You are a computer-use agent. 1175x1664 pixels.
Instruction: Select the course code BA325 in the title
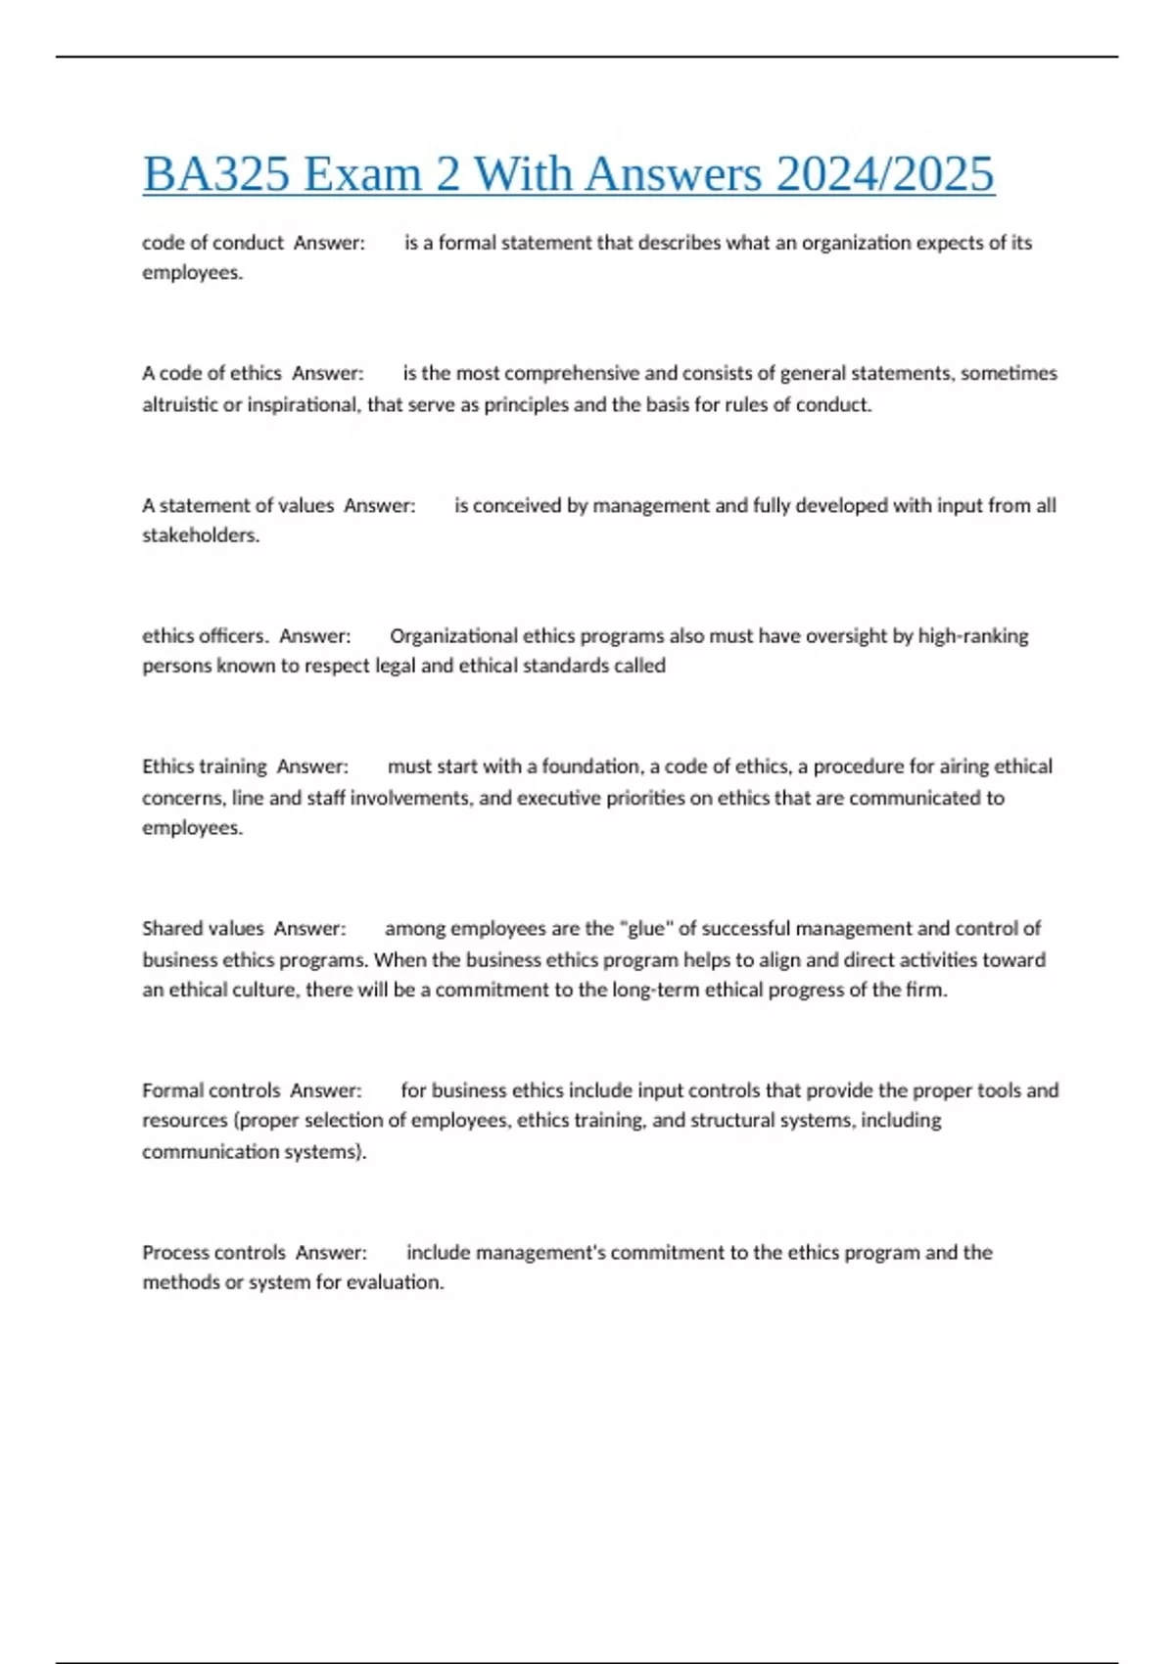pyautogui.click(x=216, y=174)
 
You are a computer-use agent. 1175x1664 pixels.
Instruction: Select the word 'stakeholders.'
pyautogui.click(x=201, y=535)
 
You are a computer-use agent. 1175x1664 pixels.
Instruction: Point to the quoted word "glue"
pyautogui.click(x=645, y=928)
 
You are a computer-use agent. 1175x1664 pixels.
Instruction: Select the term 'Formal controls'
pyautogui.click(x=211, y=1090)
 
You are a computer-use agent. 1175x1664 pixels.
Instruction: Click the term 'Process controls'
pyautogui.click(x=213, y=1253)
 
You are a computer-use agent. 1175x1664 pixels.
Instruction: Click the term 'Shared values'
pyautogui.click(x=203, y=928)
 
